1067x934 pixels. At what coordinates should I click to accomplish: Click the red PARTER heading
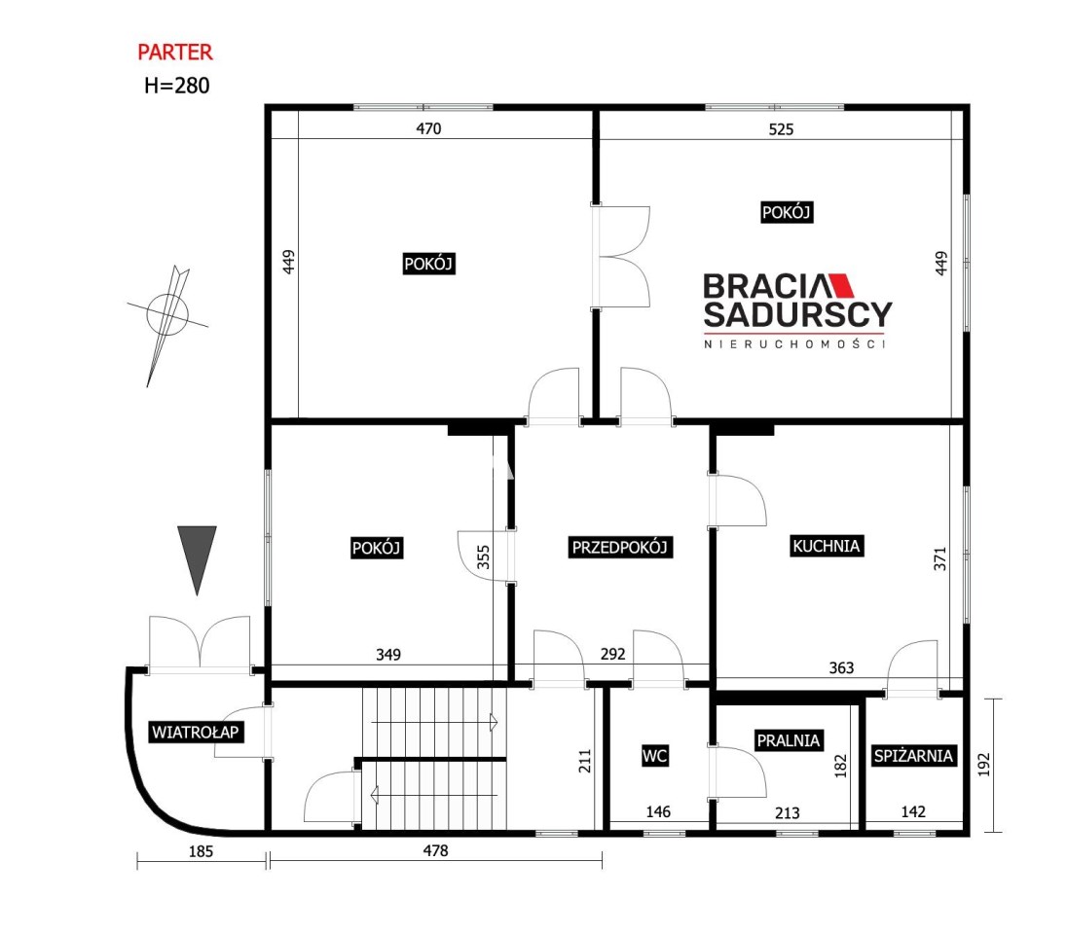pos(175,52)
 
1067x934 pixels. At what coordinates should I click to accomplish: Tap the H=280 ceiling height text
pos(177,86)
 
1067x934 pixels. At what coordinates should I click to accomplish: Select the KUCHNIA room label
pos(827,546)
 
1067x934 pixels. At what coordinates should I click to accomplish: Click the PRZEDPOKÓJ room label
pos(620,547)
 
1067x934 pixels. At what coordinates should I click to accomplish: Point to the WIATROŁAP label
pos(196,732)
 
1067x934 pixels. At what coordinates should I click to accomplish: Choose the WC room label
pos(654,755)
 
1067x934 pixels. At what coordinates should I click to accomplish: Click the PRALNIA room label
pos(789,740)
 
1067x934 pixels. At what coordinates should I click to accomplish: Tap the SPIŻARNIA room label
pos(913,755)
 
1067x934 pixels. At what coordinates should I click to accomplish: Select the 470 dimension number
pos(428,128)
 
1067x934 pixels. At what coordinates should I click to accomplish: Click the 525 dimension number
pos(781,129)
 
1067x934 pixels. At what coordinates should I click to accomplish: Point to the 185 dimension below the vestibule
pos(201,851)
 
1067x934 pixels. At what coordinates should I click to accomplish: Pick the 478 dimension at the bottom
pos(435,850)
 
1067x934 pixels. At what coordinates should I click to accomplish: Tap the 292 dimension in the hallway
pos(612,654)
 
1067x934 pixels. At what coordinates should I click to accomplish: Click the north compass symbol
pos(166,320)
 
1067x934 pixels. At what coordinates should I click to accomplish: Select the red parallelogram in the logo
pos(841,285)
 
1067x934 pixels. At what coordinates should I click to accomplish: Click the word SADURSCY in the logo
pos(797,314)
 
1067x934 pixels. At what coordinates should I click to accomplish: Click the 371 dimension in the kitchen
pos(939,558)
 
